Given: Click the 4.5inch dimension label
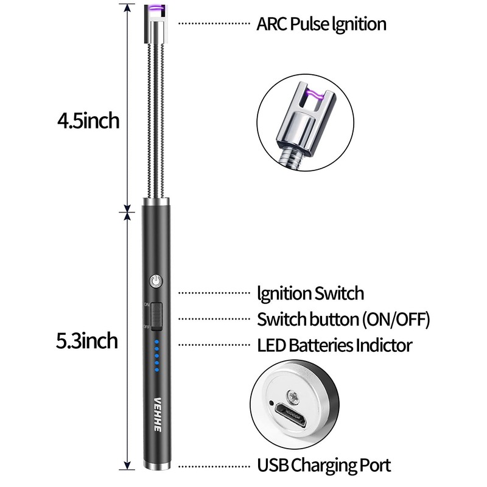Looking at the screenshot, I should point(88,121).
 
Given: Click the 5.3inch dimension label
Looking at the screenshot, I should point(87,340).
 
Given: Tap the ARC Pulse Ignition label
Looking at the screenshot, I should point(321,24).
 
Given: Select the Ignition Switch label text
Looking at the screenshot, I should point(310,293).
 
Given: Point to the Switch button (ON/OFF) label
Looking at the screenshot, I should point(343,319).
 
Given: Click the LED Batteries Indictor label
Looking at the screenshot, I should point(334,346).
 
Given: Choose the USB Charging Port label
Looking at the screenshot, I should point(323,466).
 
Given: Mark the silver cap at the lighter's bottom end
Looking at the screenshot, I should point(156,466).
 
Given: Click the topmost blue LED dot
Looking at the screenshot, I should point(156,342).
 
